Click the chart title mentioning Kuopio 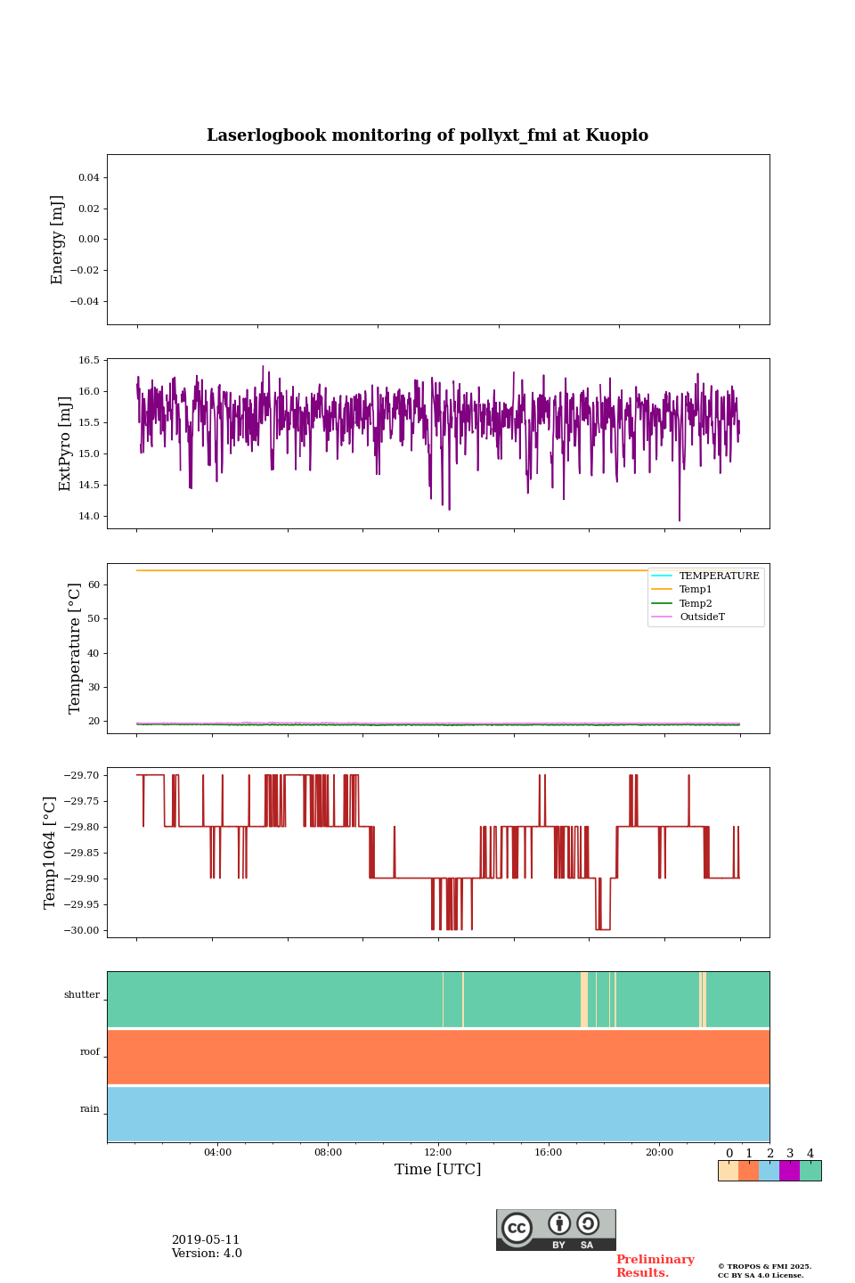click(427, 135)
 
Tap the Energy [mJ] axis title click(58, 240)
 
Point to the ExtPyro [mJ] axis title click(65, 444)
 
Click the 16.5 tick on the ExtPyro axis click(89, 361)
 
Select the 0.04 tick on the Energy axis click(88, 178)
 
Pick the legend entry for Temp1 click(695, 590)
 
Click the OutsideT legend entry click(702, 617)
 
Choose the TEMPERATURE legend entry click(719, 576)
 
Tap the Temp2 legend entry click(695, 604)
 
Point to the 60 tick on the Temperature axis click(94, 585)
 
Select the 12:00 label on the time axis click(438, 1153)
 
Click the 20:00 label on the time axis click(659, 1153)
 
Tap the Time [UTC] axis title click(438, 1170)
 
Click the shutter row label click(82, 995)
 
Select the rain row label click(90, 1109)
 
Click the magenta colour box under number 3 click(789, 1171)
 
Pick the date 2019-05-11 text click(206, 1240)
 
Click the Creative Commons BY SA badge click(556, 1230)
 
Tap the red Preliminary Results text click(655, 1266)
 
